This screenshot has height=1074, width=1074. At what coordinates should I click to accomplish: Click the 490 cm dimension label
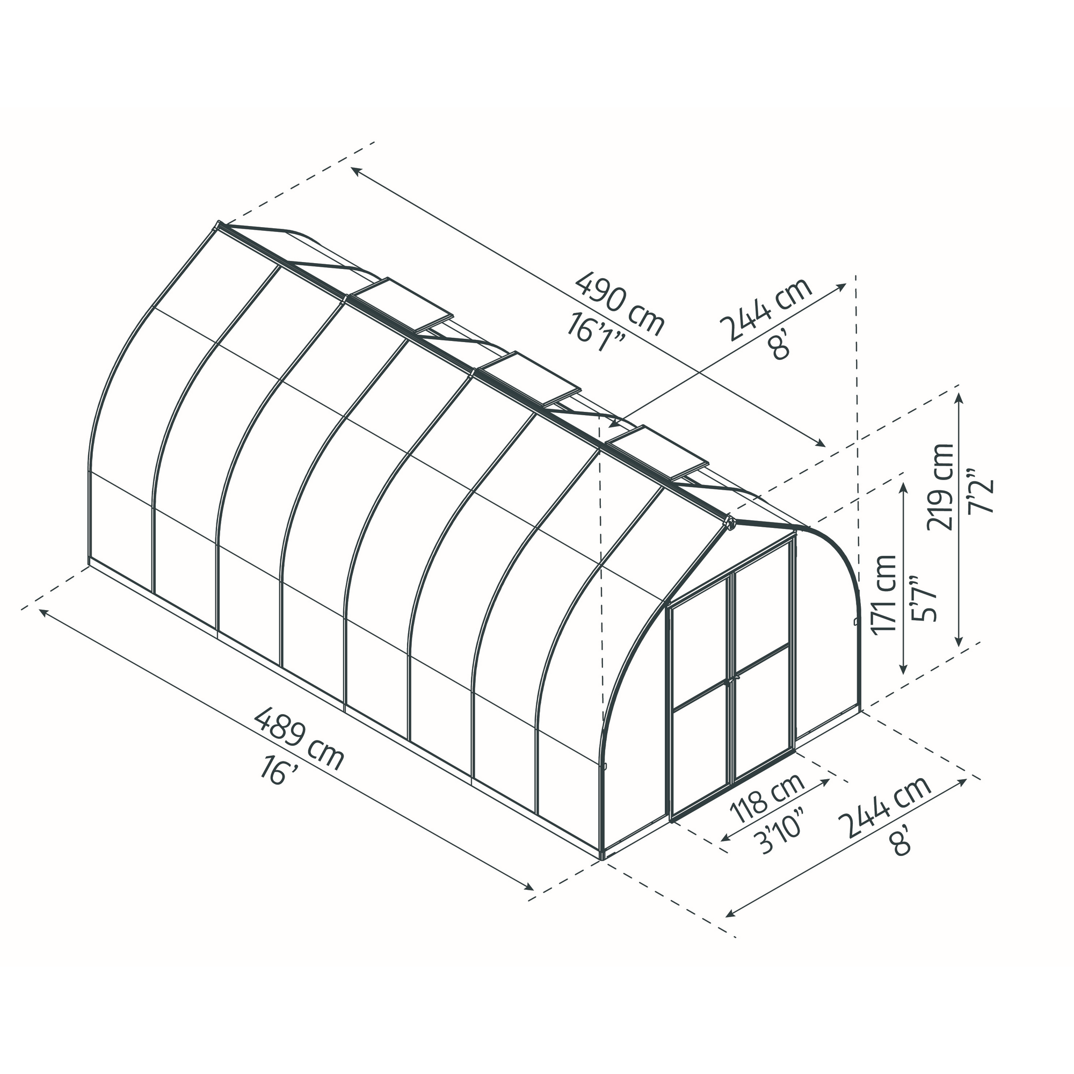pos(620,304)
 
